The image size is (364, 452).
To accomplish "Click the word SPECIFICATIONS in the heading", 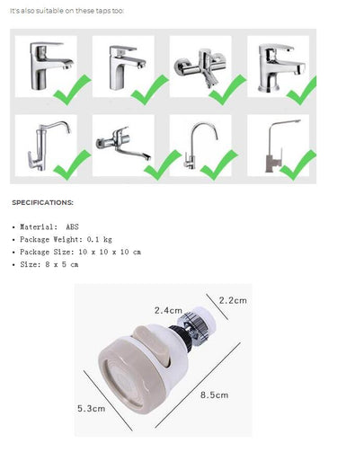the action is (42, 202).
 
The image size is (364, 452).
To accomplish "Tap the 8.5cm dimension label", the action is (214, 394).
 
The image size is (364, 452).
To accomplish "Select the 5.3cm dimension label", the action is (91, 408).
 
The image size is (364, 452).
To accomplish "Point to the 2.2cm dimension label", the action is (233, 300).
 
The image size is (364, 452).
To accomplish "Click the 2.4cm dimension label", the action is (168, 310).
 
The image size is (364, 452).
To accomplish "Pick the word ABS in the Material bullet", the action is (72, 226).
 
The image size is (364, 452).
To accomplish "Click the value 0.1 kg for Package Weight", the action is (100, 239).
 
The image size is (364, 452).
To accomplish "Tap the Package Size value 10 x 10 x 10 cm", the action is (110, 252).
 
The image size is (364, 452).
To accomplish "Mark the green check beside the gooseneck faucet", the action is (218, 165).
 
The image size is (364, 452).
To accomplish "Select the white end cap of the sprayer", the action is (207, 320).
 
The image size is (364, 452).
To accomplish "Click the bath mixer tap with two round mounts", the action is (200, 67).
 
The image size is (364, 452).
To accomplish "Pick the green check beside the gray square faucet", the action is (297, 165).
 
